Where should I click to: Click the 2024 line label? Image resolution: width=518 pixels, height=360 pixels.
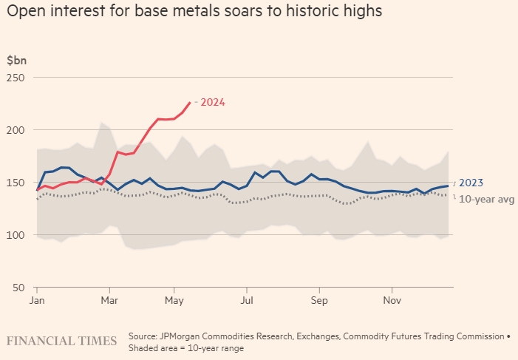coord(213,102)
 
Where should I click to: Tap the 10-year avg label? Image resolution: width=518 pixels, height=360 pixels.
coord(486,199)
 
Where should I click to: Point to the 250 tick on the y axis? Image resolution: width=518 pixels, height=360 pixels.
coord(16,78)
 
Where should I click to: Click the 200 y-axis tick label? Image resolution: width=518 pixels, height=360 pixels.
coord(16,130)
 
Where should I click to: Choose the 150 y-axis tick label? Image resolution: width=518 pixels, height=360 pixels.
coord(16,183)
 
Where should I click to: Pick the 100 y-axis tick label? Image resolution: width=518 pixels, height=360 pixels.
coord(16,235)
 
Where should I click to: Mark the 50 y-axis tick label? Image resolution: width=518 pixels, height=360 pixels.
coord(18,288)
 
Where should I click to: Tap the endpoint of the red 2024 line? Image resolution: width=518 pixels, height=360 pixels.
coord(190,102)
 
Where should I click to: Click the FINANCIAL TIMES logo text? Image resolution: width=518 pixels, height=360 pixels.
coord(62,341)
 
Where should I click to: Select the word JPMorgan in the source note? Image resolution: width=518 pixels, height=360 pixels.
coord(183,336)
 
